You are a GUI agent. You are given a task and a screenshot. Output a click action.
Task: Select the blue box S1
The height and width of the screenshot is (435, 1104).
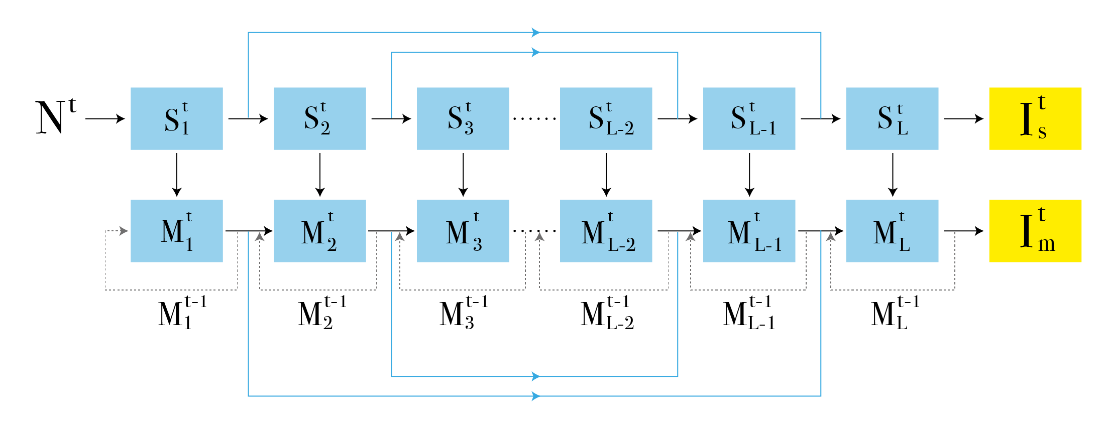176,118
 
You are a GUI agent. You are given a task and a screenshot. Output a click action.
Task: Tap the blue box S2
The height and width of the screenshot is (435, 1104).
319,118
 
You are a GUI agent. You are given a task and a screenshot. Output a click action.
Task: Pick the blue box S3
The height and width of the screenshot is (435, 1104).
463,118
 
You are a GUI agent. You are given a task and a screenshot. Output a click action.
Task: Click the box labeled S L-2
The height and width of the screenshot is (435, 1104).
606,118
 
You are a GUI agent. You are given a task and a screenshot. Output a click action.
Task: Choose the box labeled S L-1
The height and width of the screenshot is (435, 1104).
749,118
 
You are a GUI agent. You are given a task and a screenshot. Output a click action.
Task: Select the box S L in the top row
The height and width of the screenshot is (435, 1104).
892,118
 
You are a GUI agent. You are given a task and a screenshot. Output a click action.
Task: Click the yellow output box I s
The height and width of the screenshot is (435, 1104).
1035,118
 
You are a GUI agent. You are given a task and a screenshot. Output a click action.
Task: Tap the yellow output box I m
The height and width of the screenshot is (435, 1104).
1035,231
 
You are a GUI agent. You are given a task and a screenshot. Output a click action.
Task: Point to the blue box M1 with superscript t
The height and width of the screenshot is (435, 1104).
176,231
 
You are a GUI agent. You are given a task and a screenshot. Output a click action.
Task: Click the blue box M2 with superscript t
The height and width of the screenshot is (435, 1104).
319,231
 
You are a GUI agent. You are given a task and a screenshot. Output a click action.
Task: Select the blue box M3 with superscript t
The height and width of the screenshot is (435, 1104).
463,231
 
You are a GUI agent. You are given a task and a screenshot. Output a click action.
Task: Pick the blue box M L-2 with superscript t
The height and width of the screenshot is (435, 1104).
606,231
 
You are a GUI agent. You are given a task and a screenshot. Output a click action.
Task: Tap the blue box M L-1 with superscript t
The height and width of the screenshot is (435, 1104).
749,231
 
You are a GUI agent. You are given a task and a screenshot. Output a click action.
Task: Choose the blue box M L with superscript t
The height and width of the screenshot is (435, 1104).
892,231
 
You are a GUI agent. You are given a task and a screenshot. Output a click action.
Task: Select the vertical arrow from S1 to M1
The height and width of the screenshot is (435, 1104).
176,175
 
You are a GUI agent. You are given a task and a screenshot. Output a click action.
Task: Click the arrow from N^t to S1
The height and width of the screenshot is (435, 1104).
105,118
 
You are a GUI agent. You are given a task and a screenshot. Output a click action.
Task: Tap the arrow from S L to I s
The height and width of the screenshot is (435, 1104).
963,118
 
